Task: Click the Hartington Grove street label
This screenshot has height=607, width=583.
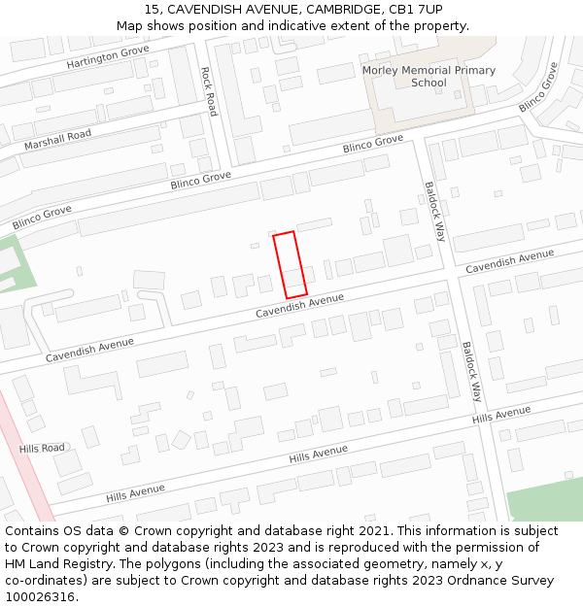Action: [108, 57]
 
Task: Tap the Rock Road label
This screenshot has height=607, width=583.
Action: [208, 91]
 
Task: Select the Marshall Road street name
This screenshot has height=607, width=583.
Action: [57, 140]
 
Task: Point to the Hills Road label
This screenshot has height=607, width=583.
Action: [42, 448]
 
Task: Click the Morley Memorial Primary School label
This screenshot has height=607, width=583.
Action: [429, 77]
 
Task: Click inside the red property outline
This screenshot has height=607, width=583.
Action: [290, 264]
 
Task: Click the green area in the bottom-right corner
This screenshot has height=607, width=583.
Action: [544, 497]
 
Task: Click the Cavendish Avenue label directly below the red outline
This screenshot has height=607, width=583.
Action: [299, 306]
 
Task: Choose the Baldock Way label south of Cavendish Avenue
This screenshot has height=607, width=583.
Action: [471, 372]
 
